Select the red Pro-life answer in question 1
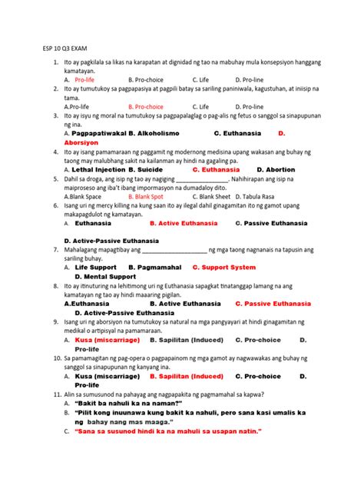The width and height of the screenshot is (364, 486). coord(84,79)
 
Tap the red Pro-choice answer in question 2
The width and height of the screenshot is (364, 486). coord(146,107)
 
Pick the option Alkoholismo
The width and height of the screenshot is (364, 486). coord(167,133)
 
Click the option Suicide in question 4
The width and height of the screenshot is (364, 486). coord(151,169)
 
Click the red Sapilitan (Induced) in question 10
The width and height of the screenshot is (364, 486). coord(187,376)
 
